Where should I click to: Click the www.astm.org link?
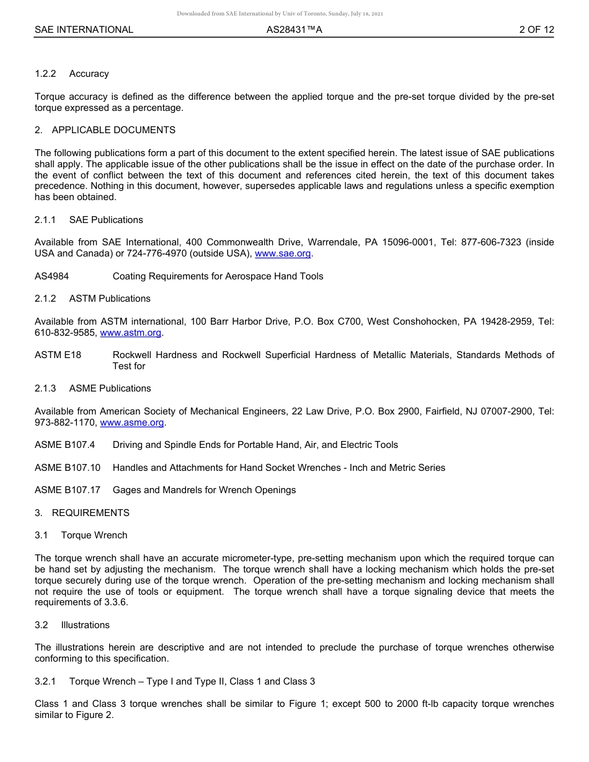coord(130,333)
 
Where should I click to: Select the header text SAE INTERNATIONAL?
coord(84,30)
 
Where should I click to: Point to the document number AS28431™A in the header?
coord(294,30)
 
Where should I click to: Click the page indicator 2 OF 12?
coord(536,30)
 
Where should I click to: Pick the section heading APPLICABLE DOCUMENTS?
coord(113,130)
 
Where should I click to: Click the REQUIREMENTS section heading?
coord(91,513)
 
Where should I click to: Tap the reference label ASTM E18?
coord(58,355)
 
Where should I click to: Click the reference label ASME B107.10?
coord(68,468)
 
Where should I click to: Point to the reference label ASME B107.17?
coord(68,490)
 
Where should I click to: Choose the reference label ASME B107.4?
coord(64,445)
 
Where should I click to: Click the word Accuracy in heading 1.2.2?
coord(89,74)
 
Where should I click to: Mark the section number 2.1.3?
coord(45,388)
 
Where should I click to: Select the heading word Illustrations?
coord(85,625)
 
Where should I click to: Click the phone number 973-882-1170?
coord(64,423)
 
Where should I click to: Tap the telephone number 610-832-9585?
coord(64,333)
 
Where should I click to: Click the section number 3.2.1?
coord(45,681)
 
